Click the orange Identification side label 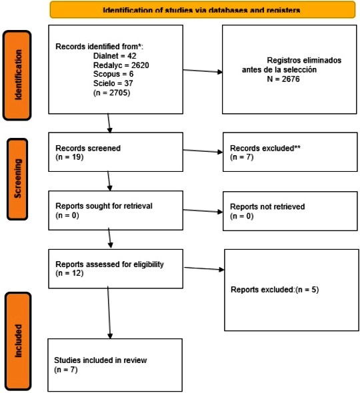pos(17,75)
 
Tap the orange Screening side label pos(17,179)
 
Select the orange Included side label pos(18,341)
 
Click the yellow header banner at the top pos(203,9)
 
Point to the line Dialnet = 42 pos(115,56)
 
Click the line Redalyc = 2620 pos(121,65)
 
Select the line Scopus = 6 pos(113,74)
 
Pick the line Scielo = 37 pos(113,83)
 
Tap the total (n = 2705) pos(111,93)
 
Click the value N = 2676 pos(283,79)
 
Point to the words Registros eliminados pos(304,61)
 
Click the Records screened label pos(88,148)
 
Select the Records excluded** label pos(265,148)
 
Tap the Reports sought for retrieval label pos(104,206)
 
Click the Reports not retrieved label pos(267,206)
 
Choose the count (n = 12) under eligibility pos(69,273)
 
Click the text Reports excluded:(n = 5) pos(275,290)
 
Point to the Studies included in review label pos(101,360)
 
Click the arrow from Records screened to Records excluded pos(203,151)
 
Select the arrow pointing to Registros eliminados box pos(203,71)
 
